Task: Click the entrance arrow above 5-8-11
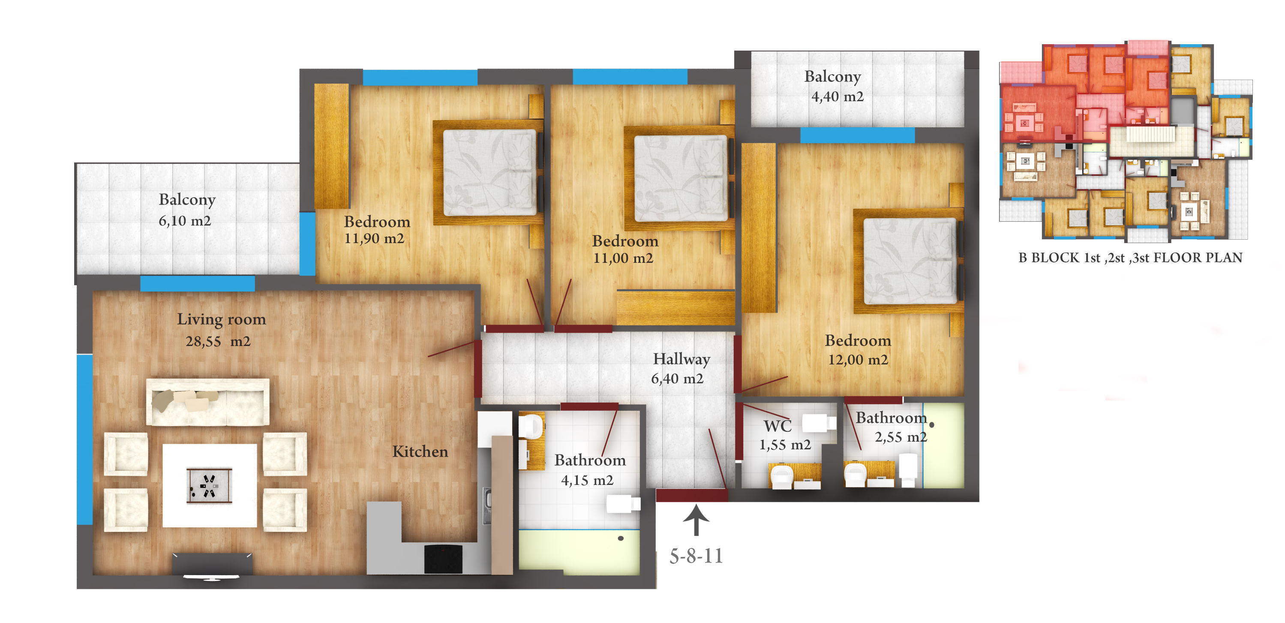[x=696, y=520]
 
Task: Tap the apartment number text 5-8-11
[x=696, y=556]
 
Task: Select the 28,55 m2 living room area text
[x=218, y=341]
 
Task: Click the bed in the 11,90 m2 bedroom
[x=489, y=172]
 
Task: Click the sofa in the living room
[x=207, y=402]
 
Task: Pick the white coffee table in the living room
[x=210, y=486]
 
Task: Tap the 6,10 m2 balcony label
[x=186, y=210]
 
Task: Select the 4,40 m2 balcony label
[x=837, y=86]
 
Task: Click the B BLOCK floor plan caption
[x=1130, y=258]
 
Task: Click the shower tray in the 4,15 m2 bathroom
[x=579, y=552]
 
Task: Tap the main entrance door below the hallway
[x=691, y=495]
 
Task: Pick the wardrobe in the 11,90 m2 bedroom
[x=331, y=146]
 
